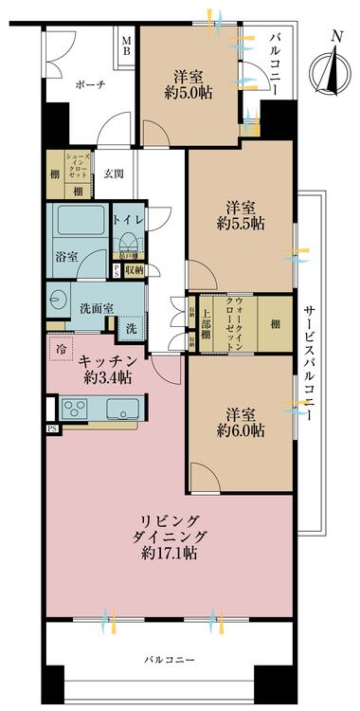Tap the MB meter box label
pyautogui.click(x=127, y=45)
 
